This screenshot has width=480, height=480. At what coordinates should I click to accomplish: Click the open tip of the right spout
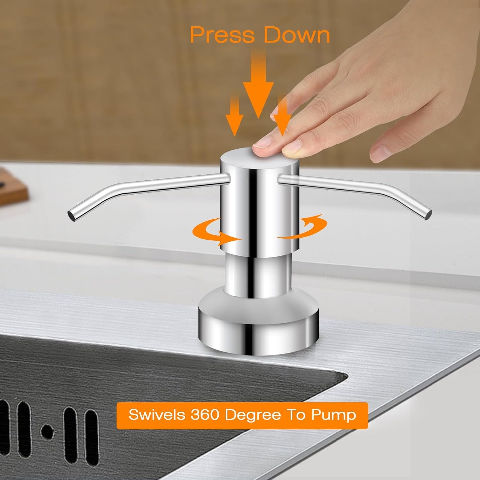(429, 214)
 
